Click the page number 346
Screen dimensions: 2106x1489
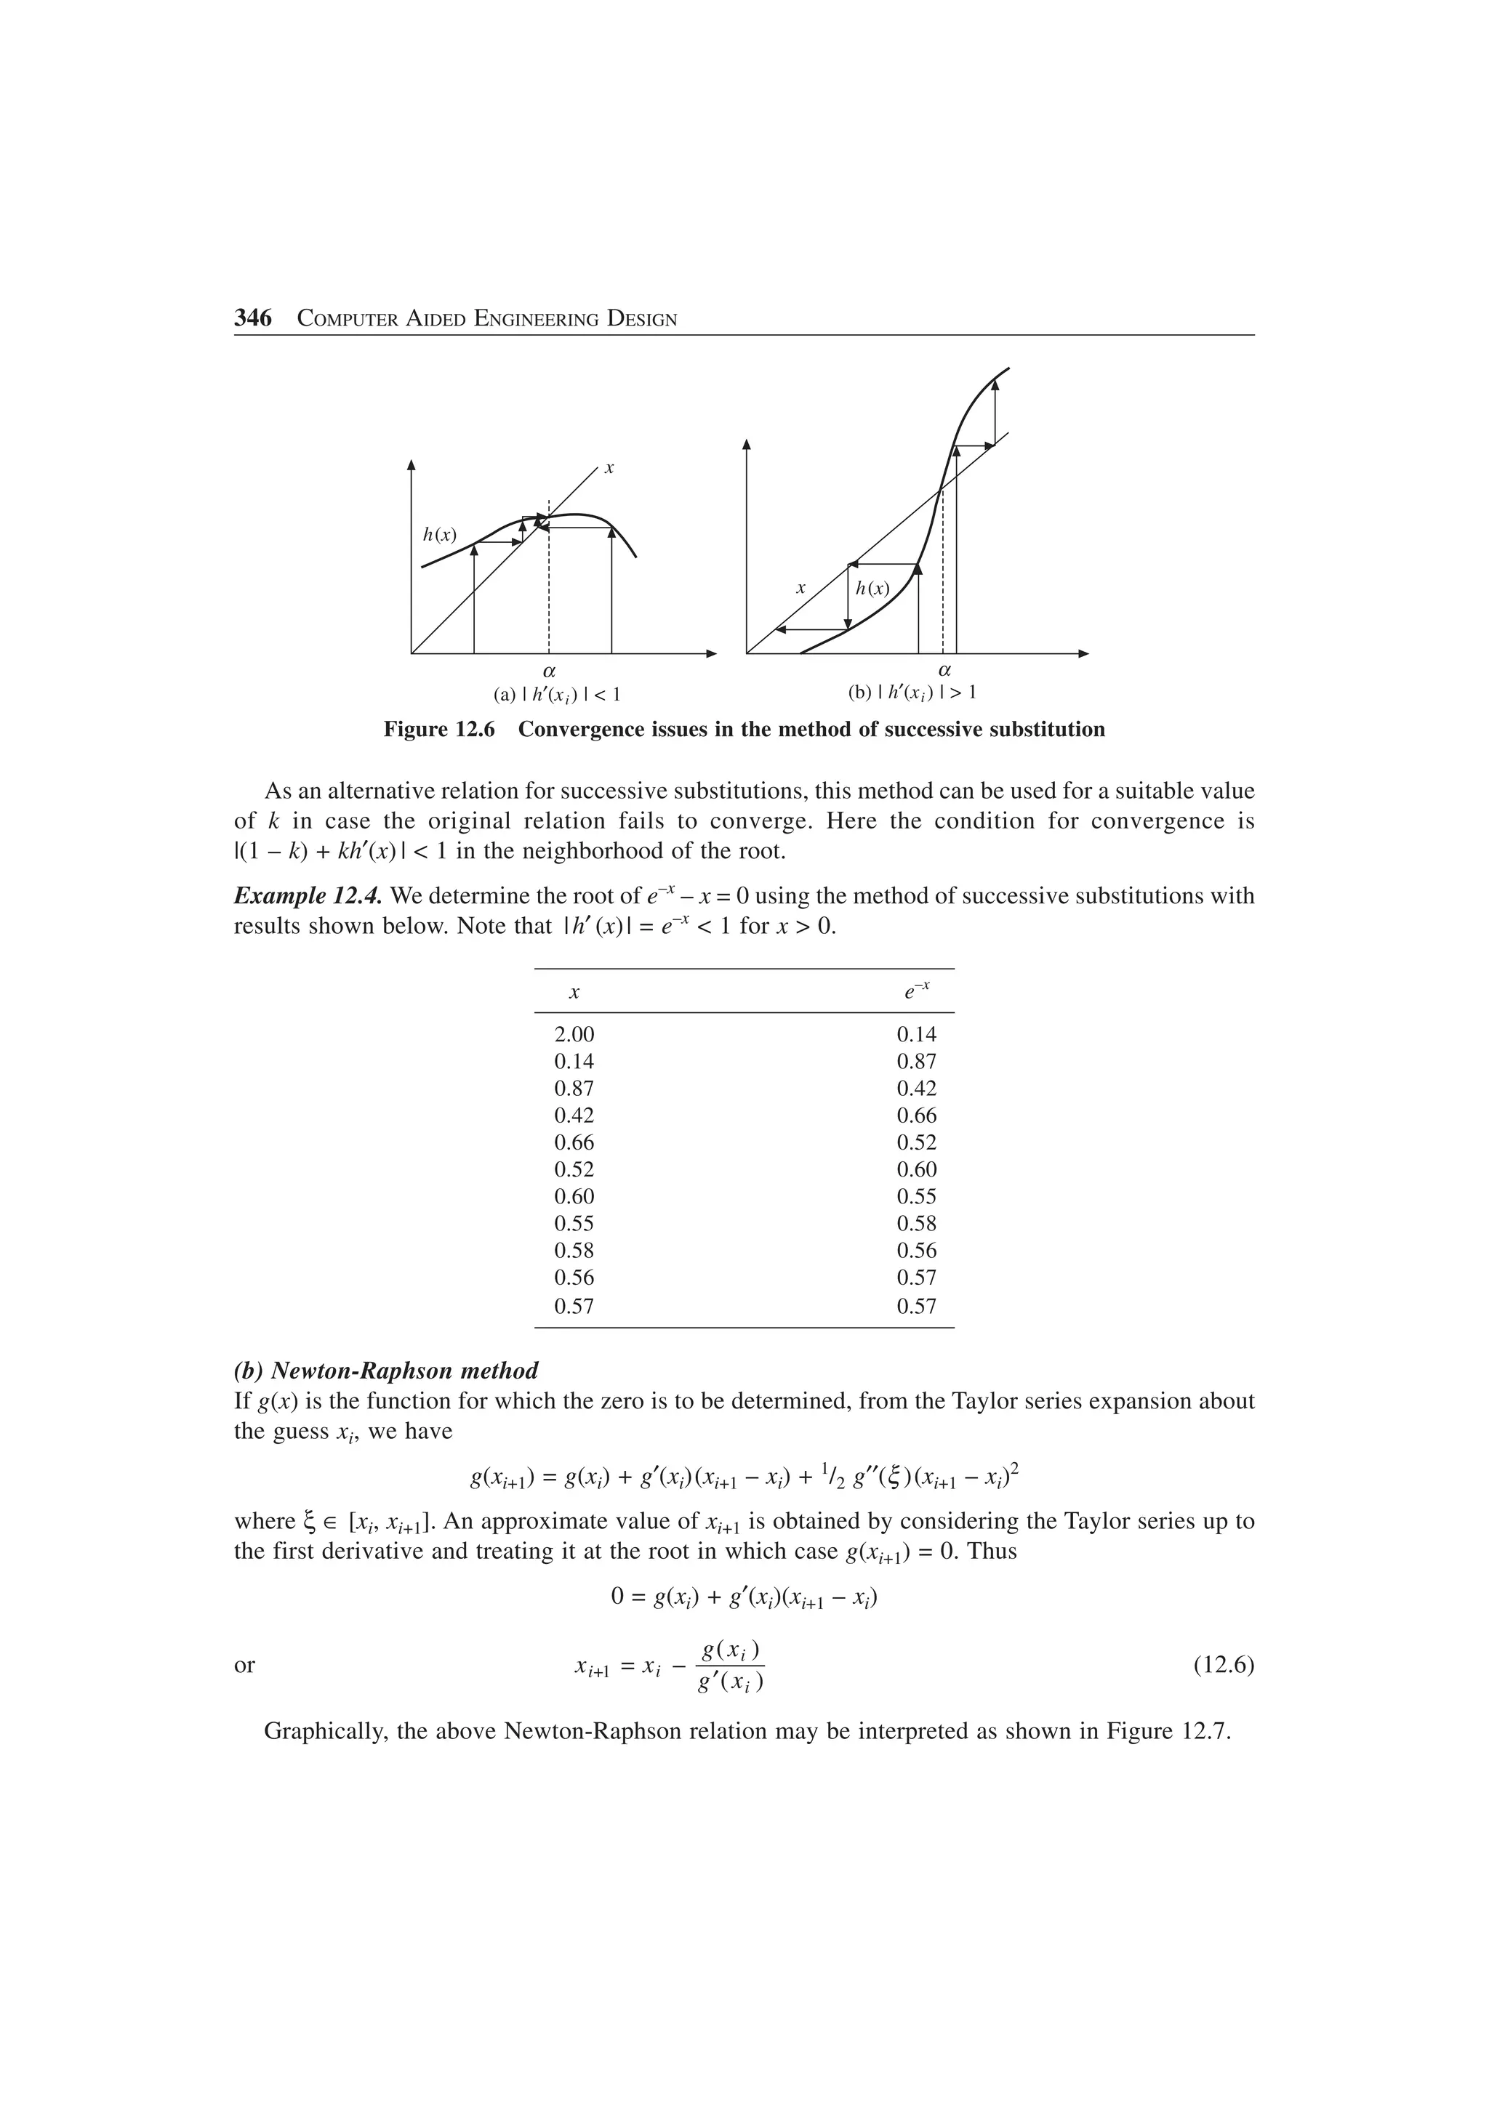pyautogui.click(x=253, y=318)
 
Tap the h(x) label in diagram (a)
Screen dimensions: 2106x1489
pyautogui.click(x=438, y=535)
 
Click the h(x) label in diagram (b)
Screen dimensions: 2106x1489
pyautogui.click(x=872, y=589)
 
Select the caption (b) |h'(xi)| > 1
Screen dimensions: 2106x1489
pyautogui.click(x=912, y=693)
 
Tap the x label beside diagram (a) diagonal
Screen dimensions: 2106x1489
pyautogui.click(x=609, y=469)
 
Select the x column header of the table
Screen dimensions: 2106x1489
pyautogui.click(x=574, y=993)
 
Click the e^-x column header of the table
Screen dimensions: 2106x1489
pyautogui.click(x=917, y=991)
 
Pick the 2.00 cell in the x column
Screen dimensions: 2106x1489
pyautogui.click(x=574, y=1035)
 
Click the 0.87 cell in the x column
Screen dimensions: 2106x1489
pyautogui.click(x=574, y=1089)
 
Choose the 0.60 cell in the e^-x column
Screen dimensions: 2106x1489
pyautogui.click(x=917, y=1169)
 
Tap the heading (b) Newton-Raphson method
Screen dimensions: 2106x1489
pyautogui.click(x=386, y=1371)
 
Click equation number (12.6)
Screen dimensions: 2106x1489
pyautogui.click(x=1223, y=1665)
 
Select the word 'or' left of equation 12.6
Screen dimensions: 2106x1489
pyautogui.click(x=244, y=1666)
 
